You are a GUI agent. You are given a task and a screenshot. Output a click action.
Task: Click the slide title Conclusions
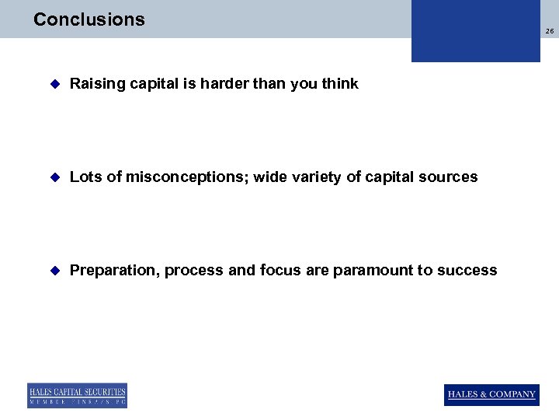click(x=89, y=19)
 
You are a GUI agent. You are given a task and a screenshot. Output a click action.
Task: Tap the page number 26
click(x=550, y=31)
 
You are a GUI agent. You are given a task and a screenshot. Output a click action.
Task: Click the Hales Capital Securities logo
click(x=77, y=395)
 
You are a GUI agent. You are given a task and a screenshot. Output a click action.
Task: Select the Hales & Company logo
click(x=491, y=394)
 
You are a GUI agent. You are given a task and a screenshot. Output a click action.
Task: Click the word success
click(x=467, y=271)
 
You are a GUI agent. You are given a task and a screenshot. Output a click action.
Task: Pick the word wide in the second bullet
click(x=269, y=177)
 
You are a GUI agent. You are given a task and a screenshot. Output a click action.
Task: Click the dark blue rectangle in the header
click(x=475, y=31)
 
